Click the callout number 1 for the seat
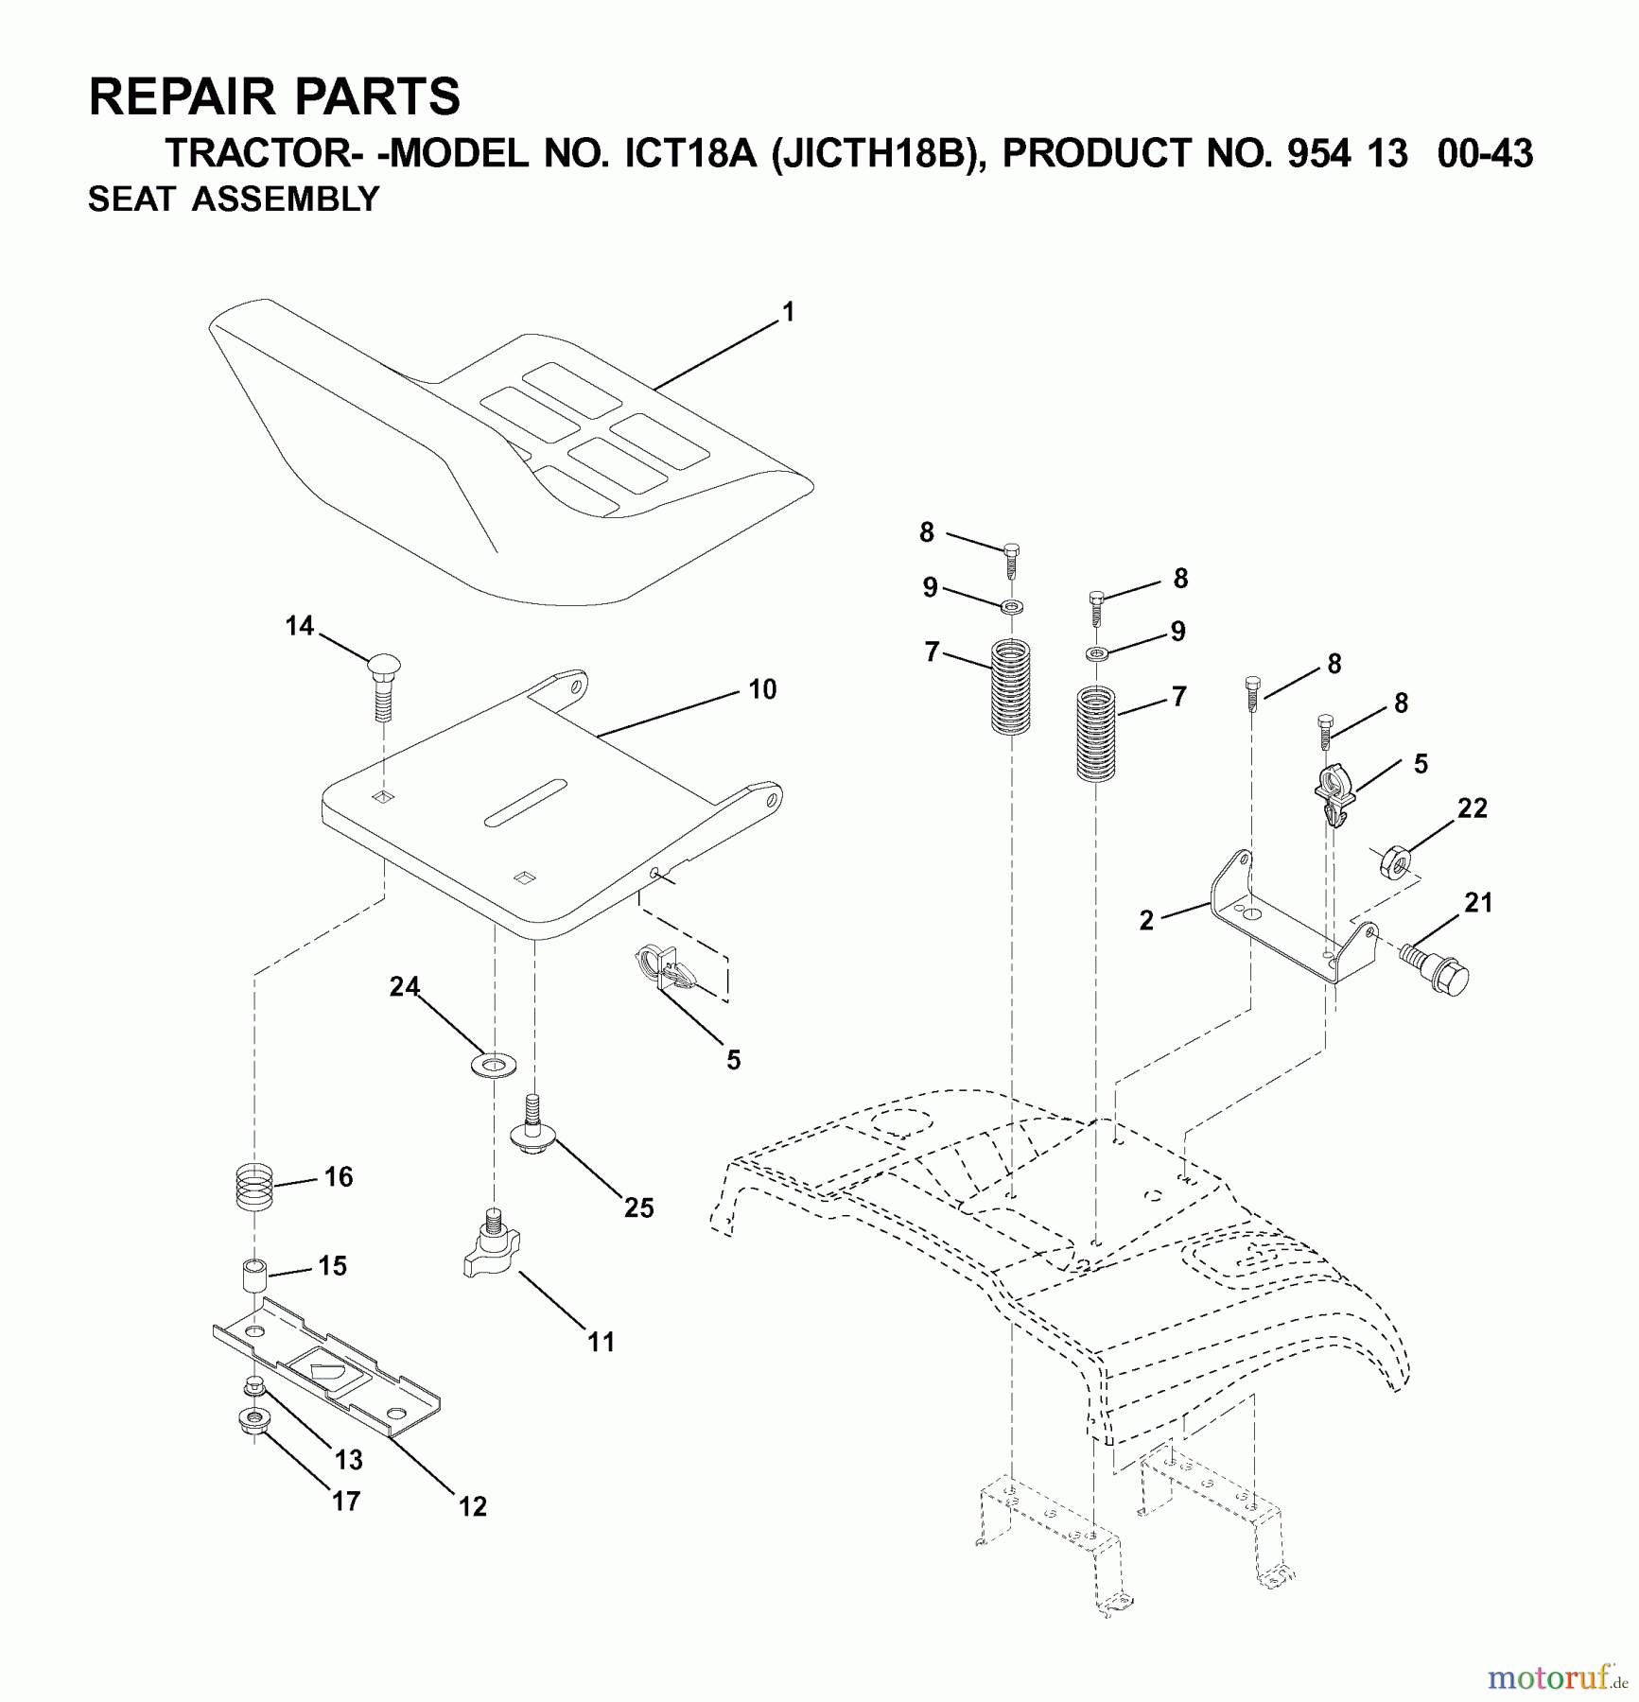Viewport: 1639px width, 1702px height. point(789,312)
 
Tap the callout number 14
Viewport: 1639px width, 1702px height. point(300,626)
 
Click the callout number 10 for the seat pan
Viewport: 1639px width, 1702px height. point(762,689)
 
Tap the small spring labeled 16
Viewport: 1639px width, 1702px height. point(253,1186)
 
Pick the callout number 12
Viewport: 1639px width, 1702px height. point(473,1506)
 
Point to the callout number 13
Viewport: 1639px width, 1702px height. point(348,1460)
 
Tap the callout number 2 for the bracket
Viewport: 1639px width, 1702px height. point(1146,920)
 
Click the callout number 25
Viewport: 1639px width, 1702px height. point(639,1207)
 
